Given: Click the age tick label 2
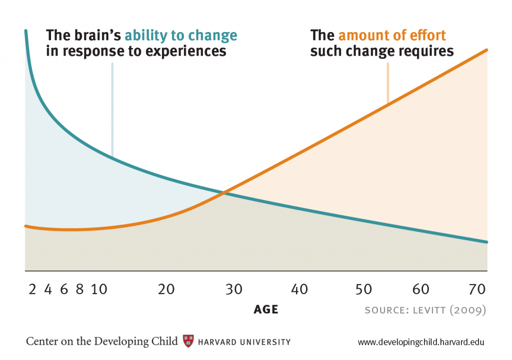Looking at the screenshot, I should click(x=32, y=289).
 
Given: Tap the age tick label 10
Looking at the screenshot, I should click(x=99, y=289).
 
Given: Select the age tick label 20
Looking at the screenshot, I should click(x=166, y=289).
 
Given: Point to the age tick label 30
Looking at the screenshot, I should click(x=234, y=289).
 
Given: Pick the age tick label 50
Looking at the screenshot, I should click(x=363, y=289).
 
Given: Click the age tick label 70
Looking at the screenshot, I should click(x=478, y=289).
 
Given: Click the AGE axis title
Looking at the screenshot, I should click(x=265, y=309).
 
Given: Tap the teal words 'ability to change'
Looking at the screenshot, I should click(x=180, y=36).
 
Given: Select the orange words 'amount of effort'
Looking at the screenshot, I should click(x=392, y=36).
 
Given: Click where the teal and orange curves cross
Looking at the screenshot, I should click(x=225, y=192).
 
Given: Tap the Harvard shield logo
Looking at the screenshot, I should click(x=188, y=341).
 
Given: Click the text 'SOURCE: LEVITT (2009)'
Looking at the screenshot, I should click(x=425, y=310).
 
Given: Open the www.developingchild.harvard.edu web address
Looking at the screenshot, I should click(x=421, y=342).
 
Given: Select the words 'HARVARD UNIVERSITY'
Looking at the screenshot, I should click(x=244, y=342).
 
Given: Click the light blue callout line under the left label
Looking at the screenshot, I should click(x=112, y=110).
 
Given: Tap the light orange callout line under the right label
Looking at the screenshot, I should click(x=387, y=85).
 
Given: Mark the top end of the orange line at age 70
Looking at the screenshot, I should click(x=486, y=49).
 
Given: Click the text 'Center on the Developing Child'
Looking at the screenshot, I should click(x=101, y=341).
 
